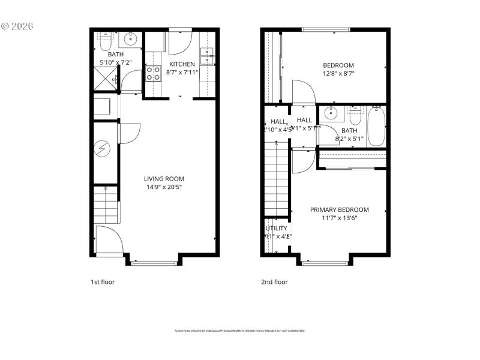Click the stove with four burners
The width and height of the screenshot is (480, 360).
click(153, 73)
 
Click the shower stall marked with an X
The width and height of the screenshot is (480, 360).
click(104, 79)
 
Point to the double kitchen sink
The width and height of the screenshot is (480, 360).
click(207, 55)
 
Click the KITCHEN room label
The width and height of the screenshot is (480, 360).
click(182, 64)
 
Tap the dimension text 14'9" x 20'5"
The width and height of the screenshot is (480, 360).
click(164, 187)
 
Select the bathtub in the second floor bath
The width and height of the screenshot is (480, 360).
click(376, 126)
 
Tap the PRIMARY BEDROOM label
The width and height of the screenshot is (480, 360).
click(339, 210)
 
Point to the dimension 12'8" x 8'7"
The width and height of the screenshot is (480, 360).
click(338, 74)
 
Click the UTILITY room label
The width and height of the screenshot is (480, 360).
click(276, 229)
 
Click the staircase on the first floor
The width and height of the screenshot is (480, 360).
click(106, 204)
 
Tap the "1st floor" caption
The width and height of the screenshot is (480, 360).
click(103, 281)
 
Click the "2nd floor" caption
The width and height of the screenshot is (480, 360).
click(274, 281)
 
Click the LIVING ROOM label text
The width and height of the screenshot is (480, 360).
click(164, 179)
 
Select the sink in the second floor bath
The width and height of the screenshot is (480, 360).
click(331, 113)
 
